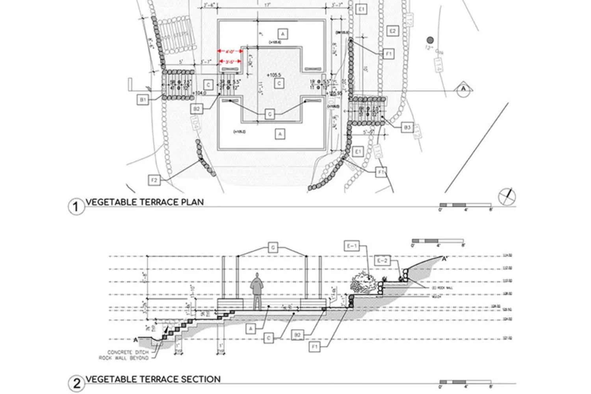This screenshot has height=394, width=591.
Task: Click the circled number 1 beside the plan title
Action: click(76, 206)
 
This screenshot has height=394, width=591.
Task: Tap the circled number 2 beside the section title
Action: click(76, 383)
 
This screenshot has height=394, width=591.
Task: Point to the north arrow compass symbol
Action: click(507, 196)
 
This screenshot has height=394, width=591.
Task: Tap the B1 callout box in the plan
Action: click(143, 100)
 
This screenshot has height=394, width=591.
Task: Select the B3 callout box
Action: click(407, 128)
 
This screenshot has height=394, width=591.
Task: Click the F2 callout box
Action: click(154, 181)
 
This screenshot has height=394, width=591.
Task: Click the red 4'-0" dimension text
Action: click(230, 51)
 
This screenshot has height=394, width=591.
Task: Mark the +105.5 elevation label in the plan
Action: click(273, 75)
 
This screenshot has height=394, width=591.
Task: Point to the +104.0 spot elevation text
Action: click(200, 93)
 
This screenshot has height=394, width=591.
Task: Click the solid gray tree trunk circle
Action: click(430, 40)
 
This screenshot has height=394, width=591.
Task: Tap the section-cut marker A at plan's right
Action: click(463, 89)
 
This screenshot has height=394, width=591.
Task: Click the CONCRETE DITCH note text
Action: click(128, 352)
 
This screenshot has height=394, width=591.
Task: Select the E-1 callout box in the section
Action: click(351, 247)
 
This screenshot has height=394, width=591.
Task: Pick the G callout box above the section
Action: click(273, 247)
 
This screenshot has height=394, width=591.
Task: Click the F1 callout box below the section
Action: click(314, 347)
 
